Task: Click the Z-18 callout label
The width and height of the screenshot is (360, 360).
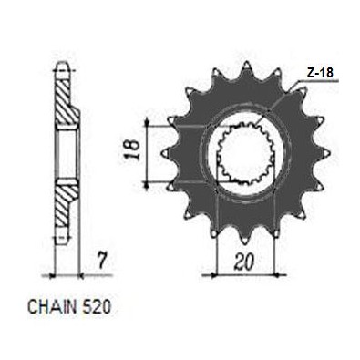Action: coord(320,73)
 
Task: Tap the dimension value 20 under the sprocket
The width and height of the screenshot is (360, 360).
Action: coord(243,262)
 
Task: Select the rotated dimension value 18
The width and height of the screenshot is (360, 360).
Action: coord(133,150)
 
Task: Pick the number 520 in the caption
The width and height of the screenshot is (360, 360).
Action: coord(96,307)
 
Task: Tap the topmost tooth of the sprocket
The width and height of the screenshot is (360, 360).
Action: coord(247,68)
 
